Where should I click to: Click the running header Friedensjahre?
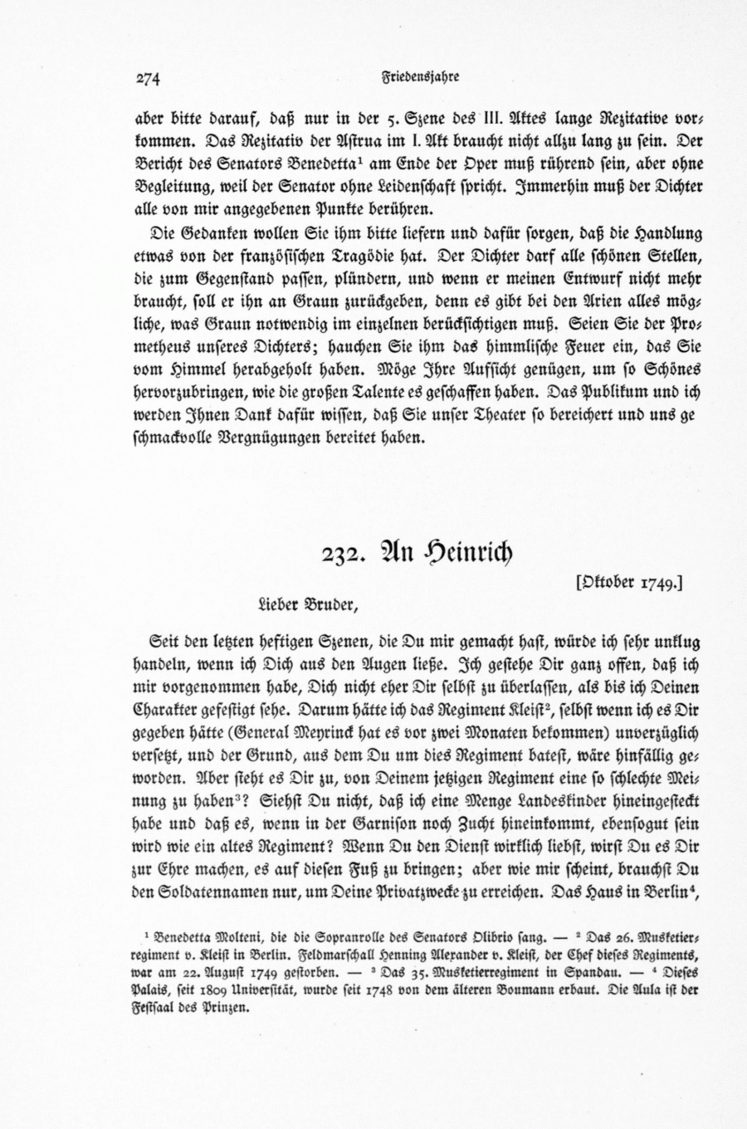pos(420,77)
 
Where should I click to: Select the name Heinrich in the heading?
pos(469,552)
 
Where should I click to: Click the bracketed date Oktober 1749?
pos(629,584)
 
